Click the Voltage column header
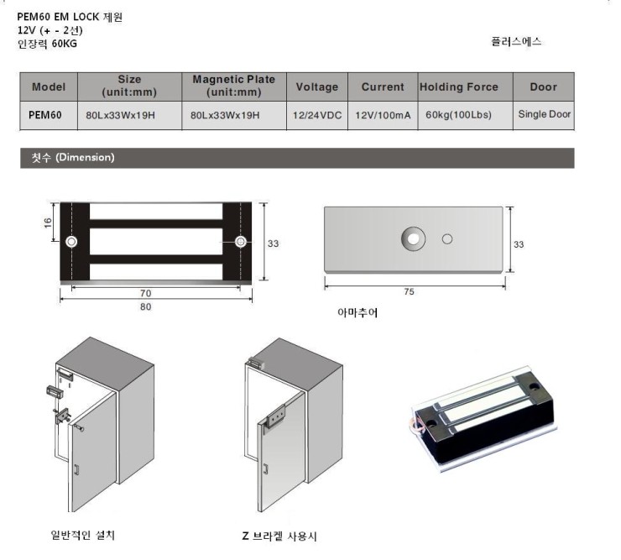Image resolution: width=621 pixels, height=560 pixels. coord(317,86)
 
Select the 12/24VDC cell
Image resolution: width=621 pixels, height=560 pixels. coord(317,115)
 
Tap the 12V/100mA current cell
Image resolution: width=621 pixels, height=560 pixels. coord(383,115)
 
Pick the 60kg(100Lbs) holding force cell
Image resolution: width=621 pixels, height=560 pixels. coord(458,115)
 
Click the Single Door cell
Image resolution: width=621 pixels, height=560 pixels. coord(544,114)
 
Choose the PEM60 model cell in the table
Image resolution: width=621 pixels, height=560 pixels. coord(45,115)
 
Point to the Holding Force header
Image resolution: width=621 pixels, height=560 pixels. coord(459,86)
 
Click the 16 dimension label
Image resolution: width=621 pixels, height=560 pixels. coord(48,222)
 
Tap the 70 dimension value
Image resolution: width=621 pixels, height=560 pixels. coord(146,293)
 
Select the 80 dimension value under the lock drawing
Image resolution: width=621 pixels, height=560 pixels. coord(146,306)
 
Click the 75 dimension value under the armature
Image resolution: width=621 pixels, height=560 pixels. coord(410,291)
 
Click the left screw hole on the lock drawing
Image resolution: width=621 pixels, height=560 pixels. coord(71,241)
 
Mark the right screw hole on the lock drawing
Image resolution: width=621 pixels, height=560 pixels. coord(241,241)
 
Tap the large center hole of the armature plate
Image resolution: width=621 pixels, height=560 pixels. coord(413,239)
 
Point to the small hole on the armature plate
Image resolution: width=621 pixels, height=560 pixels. coord(447,239)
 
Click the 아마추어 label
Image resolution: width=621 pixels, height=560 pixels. coord(357,312)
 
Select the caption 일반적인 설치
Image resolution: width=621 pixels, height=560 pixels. coord(83,535)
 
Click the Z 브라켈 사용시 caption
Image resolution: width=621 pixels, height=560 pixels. coord(279,536)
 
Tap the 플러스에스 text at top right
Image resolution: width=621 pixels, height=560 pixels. coord(516,42)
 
